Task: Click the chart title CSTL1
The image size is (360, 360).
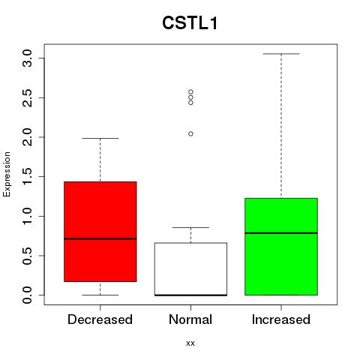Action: click(x=190, y=23)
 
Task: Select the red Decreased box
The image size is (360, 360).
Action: click(x=100, y=232)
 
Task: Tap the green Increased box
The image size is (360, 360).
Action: click(x=281, y=247)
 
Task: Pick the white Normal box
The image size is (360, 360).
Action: click(x=190, y=269)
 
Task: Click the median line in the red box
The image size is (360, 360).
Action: click(x=100, y=238)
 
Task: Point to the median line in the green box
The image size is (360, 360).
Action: click(x=281, y=233)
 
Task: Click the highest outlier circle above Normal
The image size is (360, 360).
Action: click(x=190, y=91)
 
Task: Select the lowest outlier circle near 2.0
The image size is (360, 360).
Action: click(x=190, y=133)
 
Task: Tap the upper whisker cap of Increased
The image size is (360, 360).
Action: click(x=281, y=54)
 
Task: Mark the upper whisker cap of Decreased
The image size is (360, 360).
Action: click(x=100, y=138)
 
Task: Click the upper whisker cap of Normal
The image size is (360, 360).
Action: click(x=190, y=227)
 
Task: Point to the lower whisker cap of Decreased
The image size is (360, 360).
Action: click(x=100, y=295)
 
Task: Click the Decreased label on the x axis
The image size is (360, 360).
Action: click(x=100, y=319)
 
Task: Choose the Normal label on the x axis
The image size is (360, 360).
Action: click(x=190, y=319)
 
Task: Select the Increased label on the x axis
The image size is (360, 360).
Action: click(x=281, y=319)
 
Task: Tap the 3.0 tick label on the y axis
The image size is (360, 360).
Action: click(x=27, y=58)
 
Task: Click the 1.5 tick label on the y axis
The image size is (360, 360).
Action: click(x=27, y=176)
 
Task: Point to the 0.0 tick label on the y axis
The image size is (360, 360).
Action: click(x=27, y=295)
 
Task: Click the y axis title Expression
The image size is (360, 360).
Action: click(x=7, y=174)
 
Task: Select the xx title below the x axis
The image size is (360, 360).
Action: click(x=190, y=343)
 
